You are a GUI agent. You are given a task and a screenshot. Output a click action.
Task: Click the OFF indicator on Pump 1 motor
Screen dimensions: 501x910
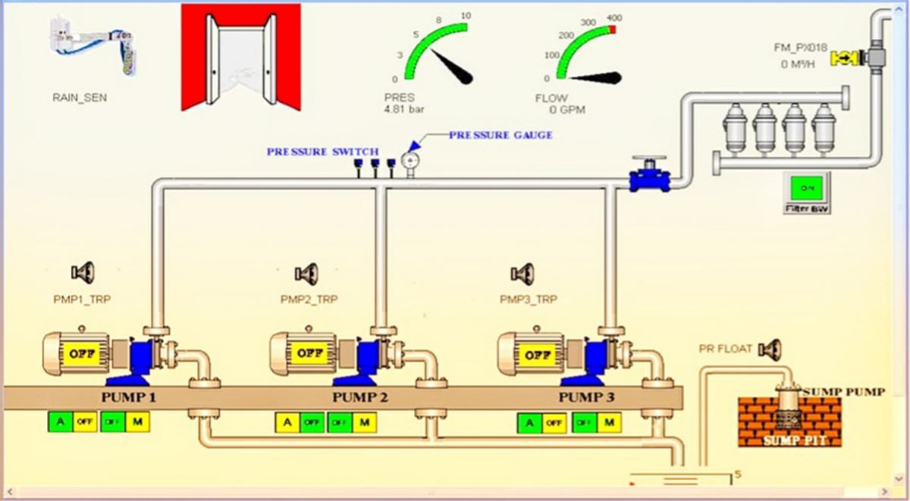click(x=79, y=353)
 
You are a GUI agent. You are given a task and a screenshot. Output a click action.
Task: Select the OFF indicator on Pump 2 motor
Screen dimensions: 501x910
click(x=306, y=353)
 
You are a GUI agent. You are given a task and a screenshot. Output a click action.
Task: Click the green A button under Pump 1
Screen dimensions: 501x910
click(x=60, y=421)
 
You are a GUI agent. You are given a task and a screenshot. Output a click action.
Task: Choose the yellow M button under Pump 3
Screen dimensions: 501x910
click(x=608, y=423)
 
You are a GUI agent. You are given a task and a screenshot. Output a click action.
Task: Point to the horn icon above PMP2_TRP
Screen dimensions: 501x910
click(x=306, y=271)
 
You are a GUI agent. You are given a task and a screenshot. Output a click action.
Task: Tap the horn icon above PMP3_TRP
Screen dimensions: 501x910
click(x=522, y=271)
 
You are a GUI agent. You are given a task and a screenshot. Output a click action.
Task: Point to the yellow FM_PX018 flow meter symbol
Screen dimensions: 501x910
click(x=843, y=58)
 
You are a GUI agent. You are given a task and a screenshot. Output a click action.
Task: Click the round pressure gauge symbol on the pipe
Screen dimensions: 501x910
click(x=410, y=161)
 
